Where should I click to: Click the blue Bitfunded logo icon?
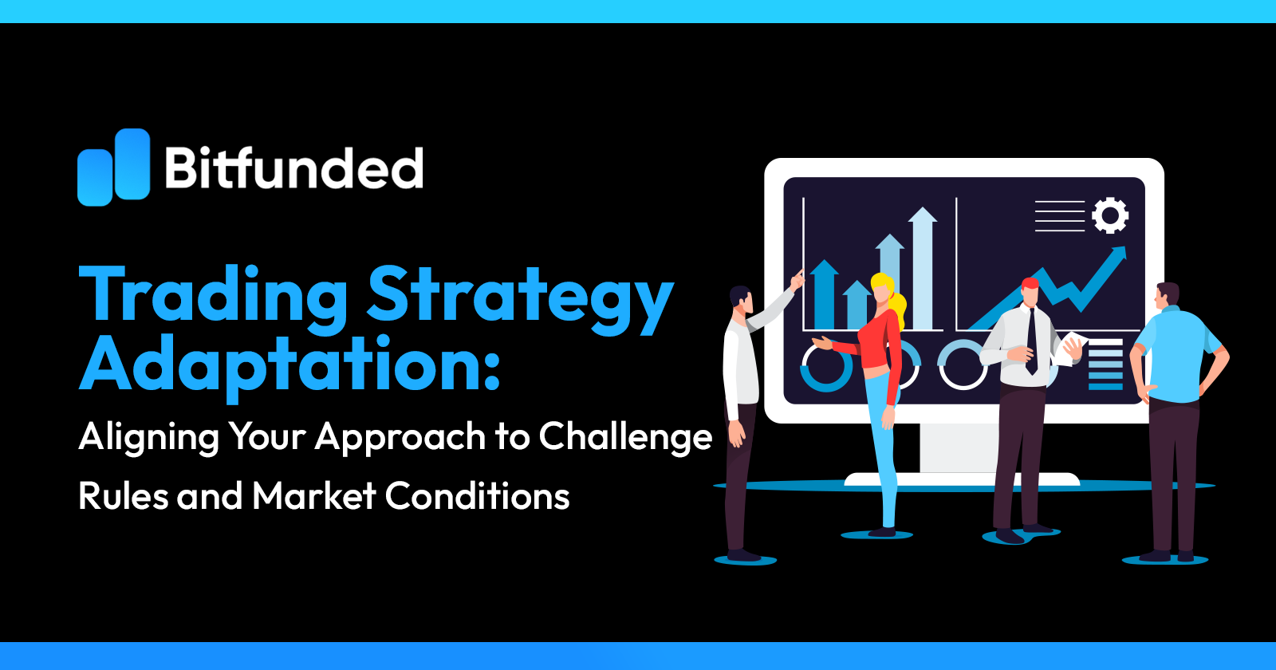113,167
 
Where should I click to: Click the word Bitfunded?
293,168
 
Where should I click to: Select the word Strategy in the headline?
520,297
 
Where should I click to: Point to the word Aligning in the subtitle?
149,437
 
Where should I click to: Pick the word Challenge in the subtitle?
625,437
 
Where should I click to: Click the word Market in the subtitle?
314,496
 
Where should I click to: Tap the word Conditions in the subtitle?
477,496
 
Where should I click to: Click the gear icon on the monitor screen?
1110,215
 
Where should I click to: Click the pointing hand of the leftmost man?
797,279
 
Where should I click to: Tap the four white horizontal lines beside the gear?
1060,215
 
